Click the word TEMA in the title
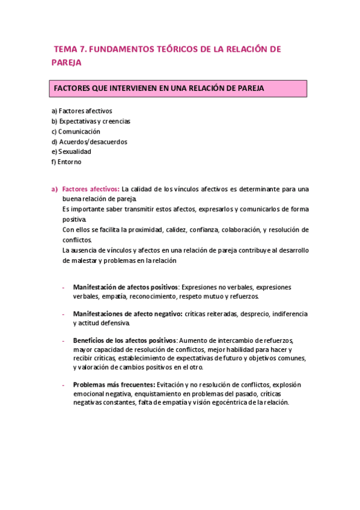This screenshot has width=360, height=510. [x=64, y=49]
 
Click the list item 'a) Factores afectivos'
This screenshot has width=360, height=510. [x=82, y=111]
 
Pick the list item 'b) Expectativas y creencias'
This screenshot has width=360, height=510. [x=91, y=121]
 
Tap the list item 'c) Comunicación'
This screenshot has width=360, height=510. [x=76, y=131]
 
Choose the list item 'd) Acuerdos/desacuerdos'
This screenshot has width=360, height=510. [x=89, y=142]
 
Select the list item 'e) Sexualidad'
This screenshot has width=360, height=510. [x=71, y=152]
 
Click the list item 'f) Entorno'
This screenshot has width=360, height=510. [x=66, y=162]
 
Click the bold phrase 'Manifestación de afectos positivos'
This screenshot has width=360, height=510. [x=125, y=287]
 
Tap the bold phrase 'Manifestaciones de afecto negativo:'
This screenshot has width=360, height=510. [x=127, y=314]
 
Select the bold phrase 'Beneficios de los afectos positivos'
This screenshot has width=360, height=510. [x=124, y=340]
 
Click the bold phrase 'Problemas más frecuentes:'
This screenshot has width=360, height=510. [x=114, y=384]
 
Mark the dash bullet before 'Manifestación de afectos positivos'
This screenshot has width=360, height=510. [x=63, y=287]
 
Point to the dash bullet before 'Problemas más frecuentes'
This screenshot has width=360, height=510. [x=63, y=384]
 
